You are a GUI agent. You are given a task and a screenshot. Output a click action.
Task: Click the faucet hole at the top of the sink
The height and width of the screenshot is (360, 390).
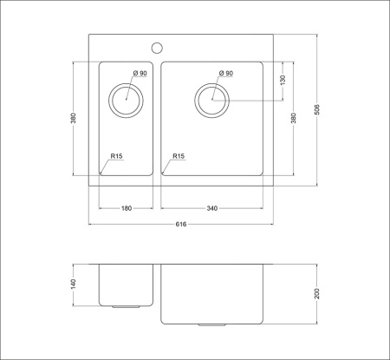tap(157, 47)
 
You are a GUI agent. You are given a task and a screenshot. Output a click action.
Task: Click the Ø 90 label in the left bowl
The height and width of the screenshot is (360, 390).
tap(140, 74)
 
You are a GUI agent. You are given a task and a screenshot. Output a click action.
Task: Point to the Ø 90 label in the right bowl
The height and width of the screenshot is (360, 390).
tap(226, 74)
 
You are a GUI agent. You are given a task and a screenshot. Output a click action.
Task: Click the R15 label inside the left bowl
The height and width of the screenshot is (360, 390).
tap(116, 156)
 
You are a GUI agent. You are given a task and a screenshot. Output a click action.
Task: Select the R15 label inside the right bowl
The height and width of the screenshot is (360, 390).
tap(179, 156)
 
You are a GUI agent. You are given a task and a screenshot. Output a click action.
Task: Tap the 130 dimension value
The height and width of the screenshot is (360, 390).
tap(283, 80)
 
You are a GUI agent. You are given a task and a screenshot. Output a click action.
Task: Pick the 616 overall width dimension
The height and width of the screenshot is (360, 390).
tap(181, 224)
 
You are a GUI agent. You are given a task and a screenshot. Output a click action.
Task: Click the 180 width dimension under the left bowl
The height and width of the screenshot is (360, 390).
tap(126, 208)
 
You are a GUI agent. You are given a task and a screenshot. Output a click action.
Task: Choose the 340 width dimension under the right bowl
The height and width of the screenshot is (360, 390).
tap(211, 208)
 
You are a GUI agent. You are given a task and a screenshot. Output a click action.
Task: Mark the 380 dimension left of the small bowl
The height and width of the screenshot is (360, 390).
tap(75, 118)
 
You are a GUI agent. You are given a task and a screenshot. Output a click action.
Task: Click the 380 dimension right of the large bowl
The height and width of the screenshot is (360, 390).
tap(295, 118)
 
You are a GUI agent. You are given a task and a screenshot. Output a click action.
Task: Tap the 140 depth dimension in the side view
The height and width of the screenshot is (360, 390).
tap(75, 284)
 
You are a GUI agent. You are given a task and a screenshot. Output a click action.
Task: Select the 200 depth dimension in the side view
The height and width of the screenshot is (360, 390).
tap(317, 293)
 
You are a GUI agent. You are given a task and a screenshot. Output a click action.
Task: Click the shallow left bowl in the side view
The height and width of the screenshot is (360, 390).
tap(126, 283)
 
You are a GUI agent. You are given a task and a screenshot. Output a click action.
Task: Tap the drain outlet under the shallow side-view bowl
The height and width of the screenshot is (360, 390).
tap(126, 307)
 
